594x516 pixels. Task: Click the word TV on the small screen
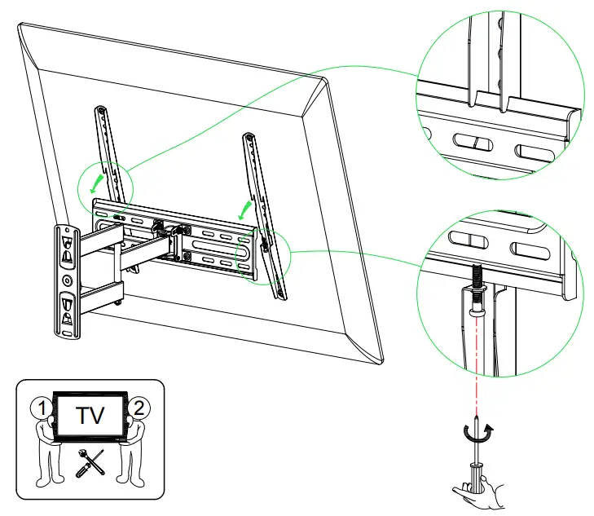tap(90, 417)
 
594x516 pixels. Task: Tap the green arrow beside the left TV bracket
tap(98, 178)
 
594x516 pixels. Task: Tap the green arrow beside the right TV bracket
tap(244, 210)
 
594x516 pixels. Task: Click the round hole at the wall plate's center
tap(67, 279)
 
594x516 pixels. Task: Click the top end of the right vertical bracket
tap(249, 136)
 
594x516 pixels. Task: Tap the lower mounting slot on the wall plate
tap(68, 311)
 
